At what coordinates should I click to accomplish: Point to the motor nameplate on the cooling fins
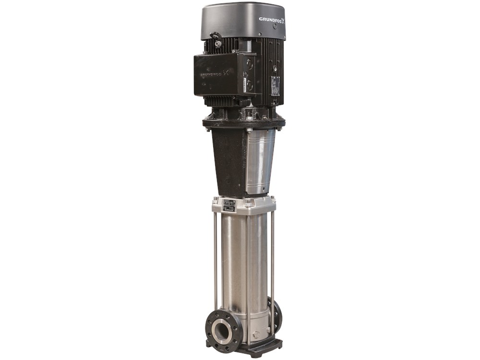pyautogui.click(x=275, y=85)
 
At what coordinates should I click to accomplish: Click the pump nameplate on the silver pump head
pyautogui.click(x=228, y=204)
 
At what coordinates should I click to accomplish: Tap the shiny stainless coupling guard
pyautogui.click(x=260, y=161)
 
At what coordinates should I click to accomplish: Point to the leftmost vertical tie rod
pyautogui.click(x=216, y=259)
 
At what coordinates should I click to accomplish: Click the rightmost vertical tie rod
pyautogui.click(x=272, y=259)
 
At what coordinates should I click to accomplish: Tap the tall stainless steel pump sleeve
pyautogui.click(x=245, y=269)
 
